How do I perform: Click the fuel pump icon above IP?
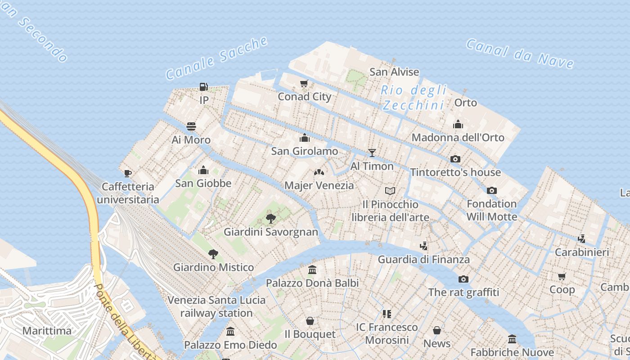[204, 87]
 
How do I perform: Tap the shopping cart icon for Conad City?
[304, 83]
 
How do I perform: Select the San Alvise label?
[394, 72]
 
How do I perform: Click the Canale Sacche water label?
[217, 58]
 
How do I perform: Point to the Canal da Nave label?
[520, 54]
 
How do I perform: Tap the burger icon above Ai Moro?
[191, 126]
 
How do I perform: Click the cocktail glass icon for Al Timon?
[372, 153]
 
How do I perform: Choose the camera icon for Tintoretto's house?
[455, 159]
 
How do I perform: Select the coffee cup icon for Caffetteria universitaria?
[128, 173]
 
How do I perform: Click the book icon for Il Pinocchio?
[390, 191]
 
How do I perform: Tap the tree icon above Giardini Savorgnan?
[270, 219]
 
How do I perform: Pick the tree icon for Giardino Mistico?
[213, 254]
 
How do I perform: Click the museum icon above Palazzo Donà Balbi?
[312, 270]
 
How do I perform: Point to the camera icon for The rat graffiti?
[463, 279]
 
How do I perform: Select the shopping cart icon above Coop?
[562, 276]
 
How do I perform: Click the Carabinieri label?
[581, 252]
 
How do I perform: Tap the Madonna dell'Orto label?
[458, 137]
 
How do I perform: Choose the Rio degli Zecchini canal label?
[414, 98]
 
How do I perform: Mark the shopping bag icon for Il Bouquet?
[310, 321]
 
